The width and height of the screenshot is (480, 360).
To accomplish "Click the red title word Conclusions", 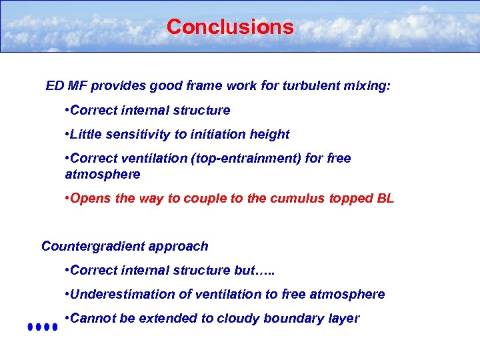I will tap(230, 27).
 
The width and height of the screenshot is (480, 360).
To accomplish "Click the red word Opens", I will tap(89, 198).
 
